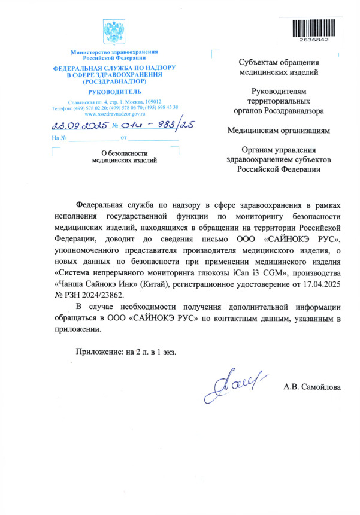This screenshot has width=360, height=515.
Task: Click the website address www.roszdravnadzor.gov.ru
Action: pos(114,113)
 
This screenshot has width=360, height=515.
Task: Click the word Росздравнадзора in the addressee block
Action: pos(294,110)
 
